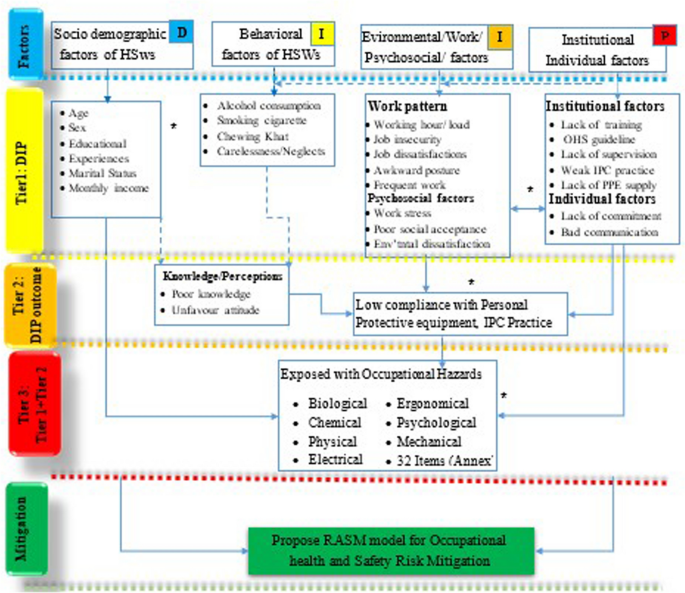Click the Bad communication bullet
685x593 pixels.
[605, 233]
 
